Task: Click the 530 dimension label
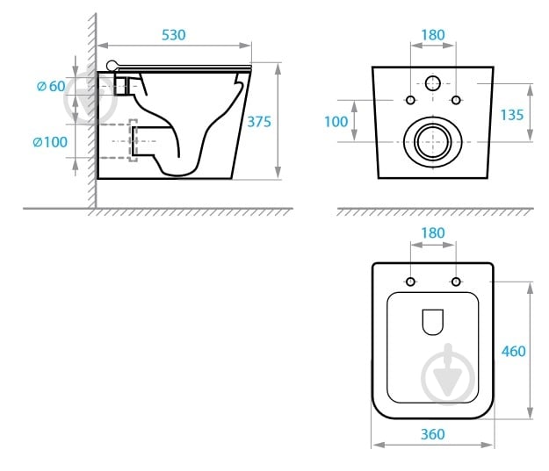coord(174,35)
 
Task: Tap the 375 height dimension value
coord(259,122)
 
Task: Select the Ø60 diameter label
coord(51,86)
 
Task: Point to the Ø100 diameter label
coord(50,142)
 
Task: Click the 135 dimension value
coord(512,115)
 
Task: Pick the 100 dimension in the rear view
coord(336,122)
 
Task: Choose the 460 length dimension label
coord(514,351)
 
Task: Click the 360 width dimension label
coord(433,434)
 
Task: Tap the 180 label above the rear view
coord(433,35)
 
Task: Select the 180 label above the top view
coord(433,233)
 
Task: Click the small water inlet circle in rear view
coord(433,83)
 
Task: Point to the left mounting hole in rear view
coord(410,100)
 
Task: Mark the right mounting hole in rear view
coord(456,100)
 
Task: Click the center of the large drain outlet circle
coord(433,142)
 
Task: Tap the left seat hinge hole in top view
coord(410,282)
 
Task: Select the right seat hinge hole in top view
coord(456,282)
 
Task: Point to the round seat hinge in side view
coord(112,66)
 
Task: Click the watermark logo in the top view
coord(448,375)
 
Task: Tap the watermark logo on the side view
coord(90,98)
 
